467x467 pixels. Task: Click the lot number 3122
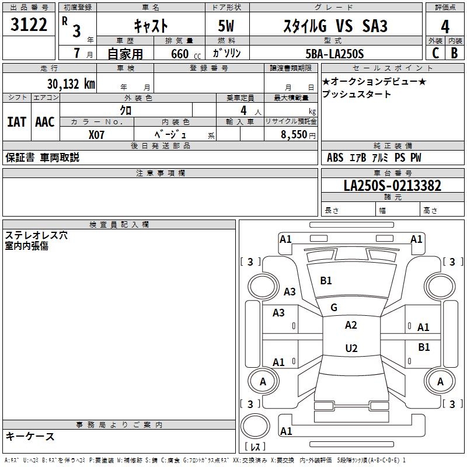(29, 26)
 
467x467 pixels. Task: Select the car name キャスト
(151, 26)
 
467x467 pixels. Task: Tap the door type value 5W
(228, 26)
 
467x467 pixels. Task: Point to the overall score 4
(445, 26)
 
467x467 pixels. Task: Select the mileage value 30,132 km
(71, 84)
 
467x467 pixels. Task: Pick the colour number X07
(97, 134)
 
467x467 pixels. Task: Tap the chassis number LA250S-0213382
(392, 186)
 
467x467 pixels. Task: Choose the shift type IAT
(16, 122)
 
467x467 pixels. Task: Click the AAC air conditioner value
(44, 122)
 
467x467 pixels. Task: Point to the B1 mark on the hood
(326, 281)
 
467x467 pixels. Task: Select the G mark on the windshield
(334, 308)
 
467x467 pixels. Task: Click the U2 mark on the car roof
(351, 348)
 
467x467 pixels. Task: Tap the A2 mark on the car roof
(351, 325)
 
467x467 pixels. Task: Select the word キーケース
(30, 436)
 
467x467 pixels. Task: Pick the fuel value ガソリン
(228, 54)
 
